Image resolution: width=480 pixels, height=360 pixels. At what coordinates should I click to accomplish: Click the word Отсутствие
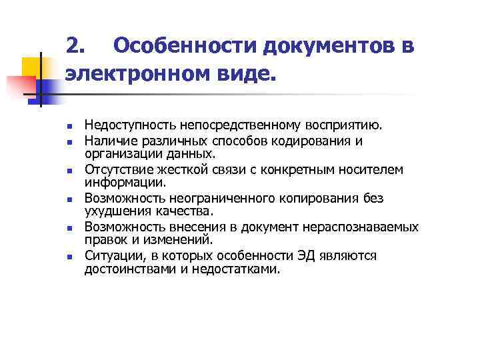(x=114, y=170)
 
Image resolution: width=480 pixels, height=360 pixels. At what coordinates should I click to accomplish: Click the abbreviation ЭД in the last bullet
(x=308, y=257)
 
